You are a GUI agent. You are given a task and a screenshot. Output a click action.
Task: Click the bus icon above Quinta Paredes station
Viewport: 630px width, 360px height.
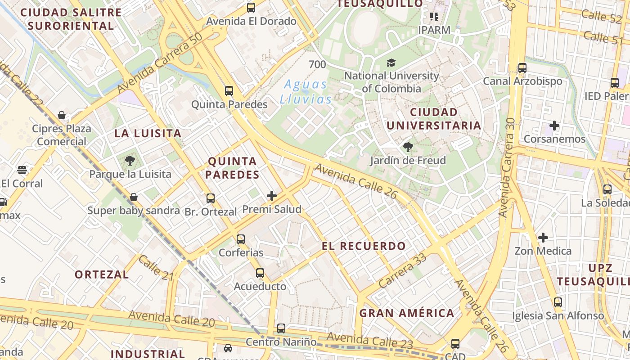click(x=229, y=91)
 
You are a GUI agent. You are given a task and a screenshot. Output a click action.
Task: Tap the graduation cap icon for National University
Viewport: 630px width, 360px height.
click(x=391, y=63)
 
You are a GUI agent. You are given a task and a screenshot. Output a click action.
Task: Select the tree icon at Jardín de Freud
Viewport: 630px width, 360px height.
click(x=408, y=147)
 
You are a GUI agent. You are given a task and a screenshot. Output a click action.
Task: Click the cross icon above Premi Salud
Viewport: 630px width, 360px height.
click(x=272, y=196)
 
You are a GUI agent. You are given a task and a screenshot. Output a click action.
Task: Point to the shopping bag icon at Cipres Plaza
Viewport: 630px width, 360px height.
click(x=62, y=115)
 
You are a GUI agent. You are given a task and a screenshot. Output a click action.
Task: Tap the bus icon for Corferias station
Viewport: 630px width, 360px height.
click(x=241, y=239)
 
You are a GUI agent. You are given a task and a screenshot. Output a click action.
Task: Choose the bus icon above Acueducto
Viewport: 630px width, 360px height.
click(x=260, y=273)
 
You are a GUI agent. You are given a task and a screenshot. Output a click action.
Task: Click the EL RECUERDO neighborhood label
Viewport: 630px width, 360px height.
click(x=364, y=246)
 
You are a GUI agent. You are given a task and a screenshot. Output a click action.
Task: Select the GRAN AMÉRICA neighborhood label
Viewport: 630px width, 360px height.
click(x=406, y=313)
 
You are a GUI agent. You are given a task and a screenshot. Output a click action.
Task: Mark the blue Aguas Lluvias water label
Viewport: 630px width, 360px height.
click(x=306, y=91)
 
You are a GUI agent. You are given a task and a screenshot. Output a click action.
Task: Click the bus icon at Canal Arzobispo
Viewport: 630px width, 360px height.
click(x=522, y=68)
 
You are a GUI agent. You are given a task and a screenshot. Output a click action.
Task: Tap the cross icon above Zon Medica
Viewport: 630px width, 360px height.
click(x=543, y=237)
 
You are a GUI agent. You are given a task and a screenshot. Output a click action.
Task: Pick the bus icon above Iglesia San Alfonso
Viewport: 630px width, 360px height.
click(x=558, y=302)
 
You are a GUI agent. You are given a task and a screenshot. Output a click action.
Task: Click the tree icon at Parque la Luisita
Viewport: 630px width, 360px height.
click(x=130, y=161)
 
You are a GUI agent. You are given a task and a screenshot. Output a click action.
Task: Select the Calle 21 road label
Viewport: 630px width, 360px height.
click(x=156, y=268)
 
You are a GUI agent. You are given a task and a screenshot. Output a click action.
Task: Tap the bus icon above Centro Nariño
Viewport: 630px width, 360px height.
click(x=281, y=328)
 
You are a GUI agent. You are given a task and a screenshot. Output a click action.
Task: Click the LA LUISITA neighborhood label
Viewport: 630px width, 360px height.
click(x=148, y=133)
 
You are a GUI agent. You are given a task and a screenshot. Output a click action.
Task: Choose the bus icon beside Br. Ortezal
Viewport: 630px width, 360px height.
click(x=210, y=198)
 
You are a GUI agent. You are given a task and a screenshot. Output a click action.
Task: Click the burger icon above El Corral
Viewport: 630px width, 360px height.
click(x=22, y=170)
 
